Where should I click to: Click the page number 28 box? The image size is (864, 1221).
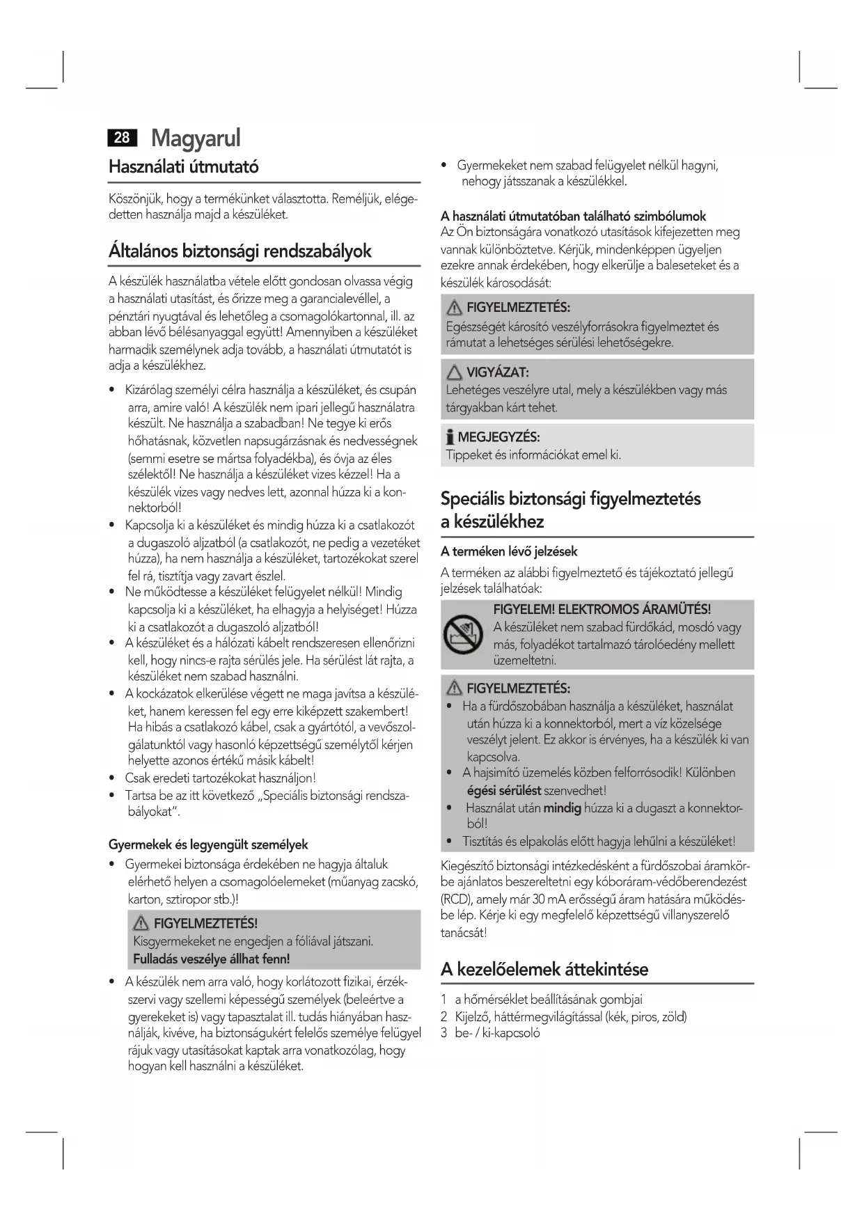coord(122,138)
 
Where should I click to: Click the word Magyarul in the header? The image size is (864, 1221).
coord(196,138)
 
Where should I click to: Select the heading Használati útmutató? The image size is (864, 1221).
coord(184,167)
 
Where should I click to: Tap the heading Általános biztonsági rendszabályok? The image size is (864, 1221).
coord(240,251)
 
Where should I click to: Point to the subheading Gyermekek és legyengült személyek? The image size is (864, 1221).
coord(208,844)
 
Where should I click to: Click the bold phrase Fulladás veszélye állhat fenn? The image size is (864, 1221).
coord(212,959)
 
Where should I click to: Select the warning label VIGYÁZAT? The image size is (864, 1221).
coord(497,372)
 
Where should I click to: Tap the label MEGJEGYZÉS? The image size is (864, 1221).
coord(498,437)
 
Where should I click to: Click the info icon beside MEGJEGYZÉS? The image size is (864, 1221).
coord(450,438)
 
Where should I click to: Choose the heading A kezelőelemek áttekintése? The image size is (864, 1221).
coord(544,969)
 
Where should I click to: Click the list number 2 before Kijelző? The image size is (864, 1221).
coord(444,1016)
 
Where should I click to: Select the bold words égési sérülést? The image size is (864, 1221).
coord(504,790)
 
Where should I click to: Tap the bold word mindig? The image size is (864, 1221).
coord(563,808)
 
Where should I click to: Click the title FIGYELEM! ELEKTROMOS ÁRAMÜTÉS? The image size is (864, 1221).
coord(602,610)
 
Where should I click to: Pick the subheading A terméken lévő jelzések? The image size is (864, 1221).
coord(509,551)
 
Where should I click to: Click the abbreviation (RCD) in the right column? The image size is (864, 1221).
coord(457,899)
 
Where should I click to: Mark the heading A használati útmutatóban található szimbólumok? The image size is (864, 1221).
coord(574,216)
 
